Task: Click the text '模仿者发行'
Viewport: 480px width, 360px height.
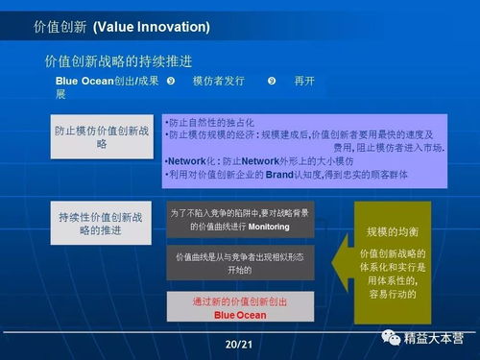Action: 219,81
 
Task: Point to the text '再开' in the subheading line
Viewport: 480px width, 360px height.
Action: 304,81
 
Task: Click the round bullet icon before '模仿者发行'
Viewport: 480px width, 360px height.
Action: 170,81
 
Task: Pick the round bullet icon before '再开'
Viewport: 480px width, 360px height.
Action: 272,81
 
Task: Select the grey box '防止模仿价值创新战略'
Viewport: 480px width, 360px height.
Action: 101,136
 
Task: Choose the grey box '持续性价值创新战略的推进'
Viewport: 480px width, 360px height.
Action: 101,224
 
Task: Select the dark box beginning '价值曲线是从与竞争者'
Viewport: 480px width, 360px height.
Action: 240,262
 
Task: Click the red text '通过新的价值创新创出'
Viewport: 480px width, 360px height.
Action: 239,300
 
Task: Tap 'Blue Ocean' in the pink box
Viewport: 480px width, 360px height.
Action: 239,314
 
